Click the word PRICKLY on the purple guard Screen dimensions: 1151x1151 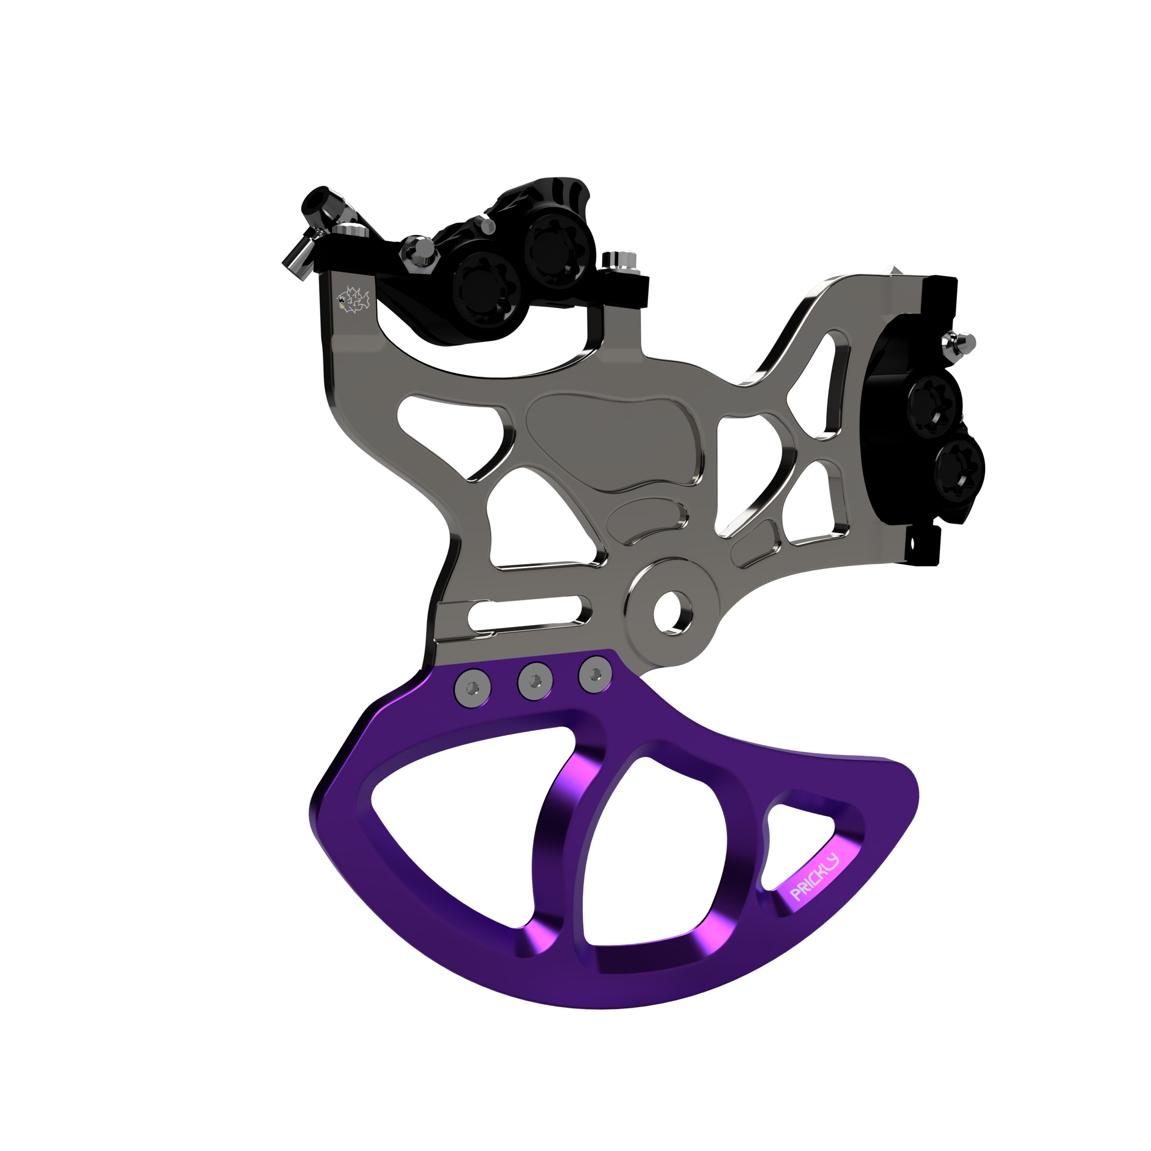point(814,878)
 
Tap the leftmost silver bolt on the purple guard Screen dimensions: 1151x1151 point(473,688)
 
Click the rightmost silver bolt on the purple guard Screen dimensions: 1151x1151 point(595,674)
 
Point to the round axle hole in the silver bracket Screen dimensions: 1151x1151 point(673,612)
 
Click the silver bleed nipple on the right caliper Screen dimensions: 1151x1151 point(960,344)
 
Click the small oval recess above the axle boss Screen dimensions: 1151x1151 point(646,518)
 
